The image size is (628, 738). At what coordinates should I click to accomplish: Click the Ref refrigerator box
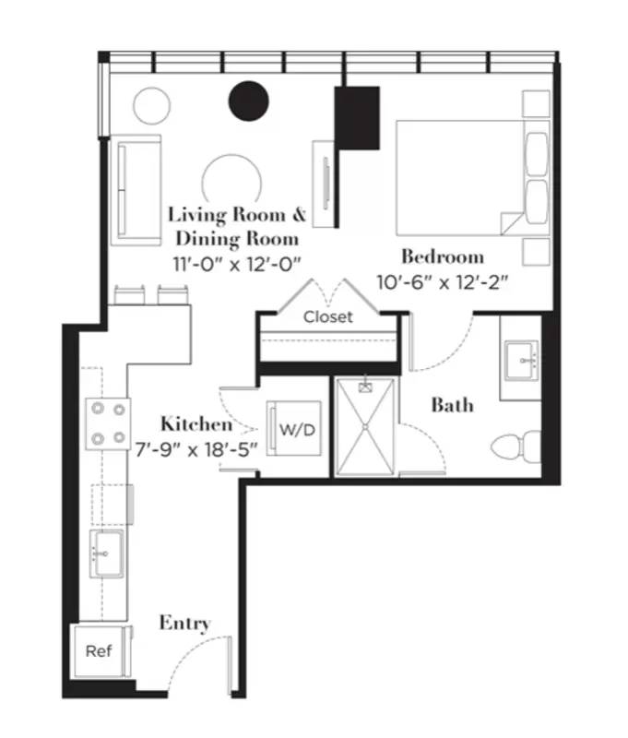pos(99,650)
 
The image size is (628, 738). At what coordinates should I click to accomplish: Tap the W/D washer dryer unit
pos(294,429)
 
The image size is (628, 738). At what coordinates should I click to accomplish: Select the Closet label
pos(328,316)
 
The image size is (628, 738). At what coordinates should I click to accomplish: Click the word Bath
pos(453,404)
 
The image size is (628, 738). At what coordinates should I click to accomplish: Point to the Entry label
pos(184,623)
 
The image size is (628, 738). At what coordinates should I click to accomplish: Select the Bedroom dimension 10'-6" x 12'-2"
pos(444,281)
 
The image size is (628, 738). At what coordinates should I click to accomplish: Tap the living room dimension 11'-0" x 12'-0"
pos(238,262)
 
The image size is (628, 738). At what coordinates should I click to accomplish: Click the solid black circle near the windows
pos(248,102)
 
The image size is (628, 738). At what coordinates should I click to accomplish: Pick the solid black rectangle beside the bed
pos(358,118)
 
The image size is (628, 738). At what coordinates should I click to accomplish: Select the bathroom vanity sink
pos(523,361)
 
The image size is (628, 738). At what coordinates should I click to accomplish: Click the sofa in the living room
pos(136,189)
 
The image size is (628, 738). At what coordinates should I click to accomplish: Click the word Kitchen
pos(196,424)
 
